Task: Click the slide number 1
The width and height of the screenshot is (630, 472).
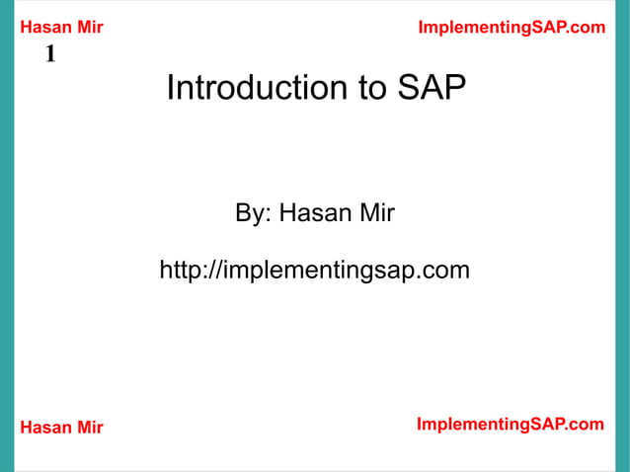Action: click(x=49, y=54)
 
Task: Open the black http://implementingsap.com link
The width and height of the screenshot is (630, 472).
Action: click(x=314, y=270)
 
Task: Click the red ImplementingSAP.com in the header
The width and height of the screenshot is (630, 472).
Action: click(x=512, y=28)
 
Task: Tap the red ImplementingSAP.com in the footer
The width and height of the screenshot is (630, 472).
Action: click(x=510, y=425)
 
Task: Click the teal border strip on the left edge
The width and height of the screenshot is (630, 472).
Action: click(x=7, y=236)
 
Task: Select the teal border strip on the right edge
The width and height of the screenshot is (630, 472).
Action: click(x=622, y=236)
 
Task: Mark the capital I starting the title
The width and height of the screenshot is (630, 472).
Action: click(x=171, y=88)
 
